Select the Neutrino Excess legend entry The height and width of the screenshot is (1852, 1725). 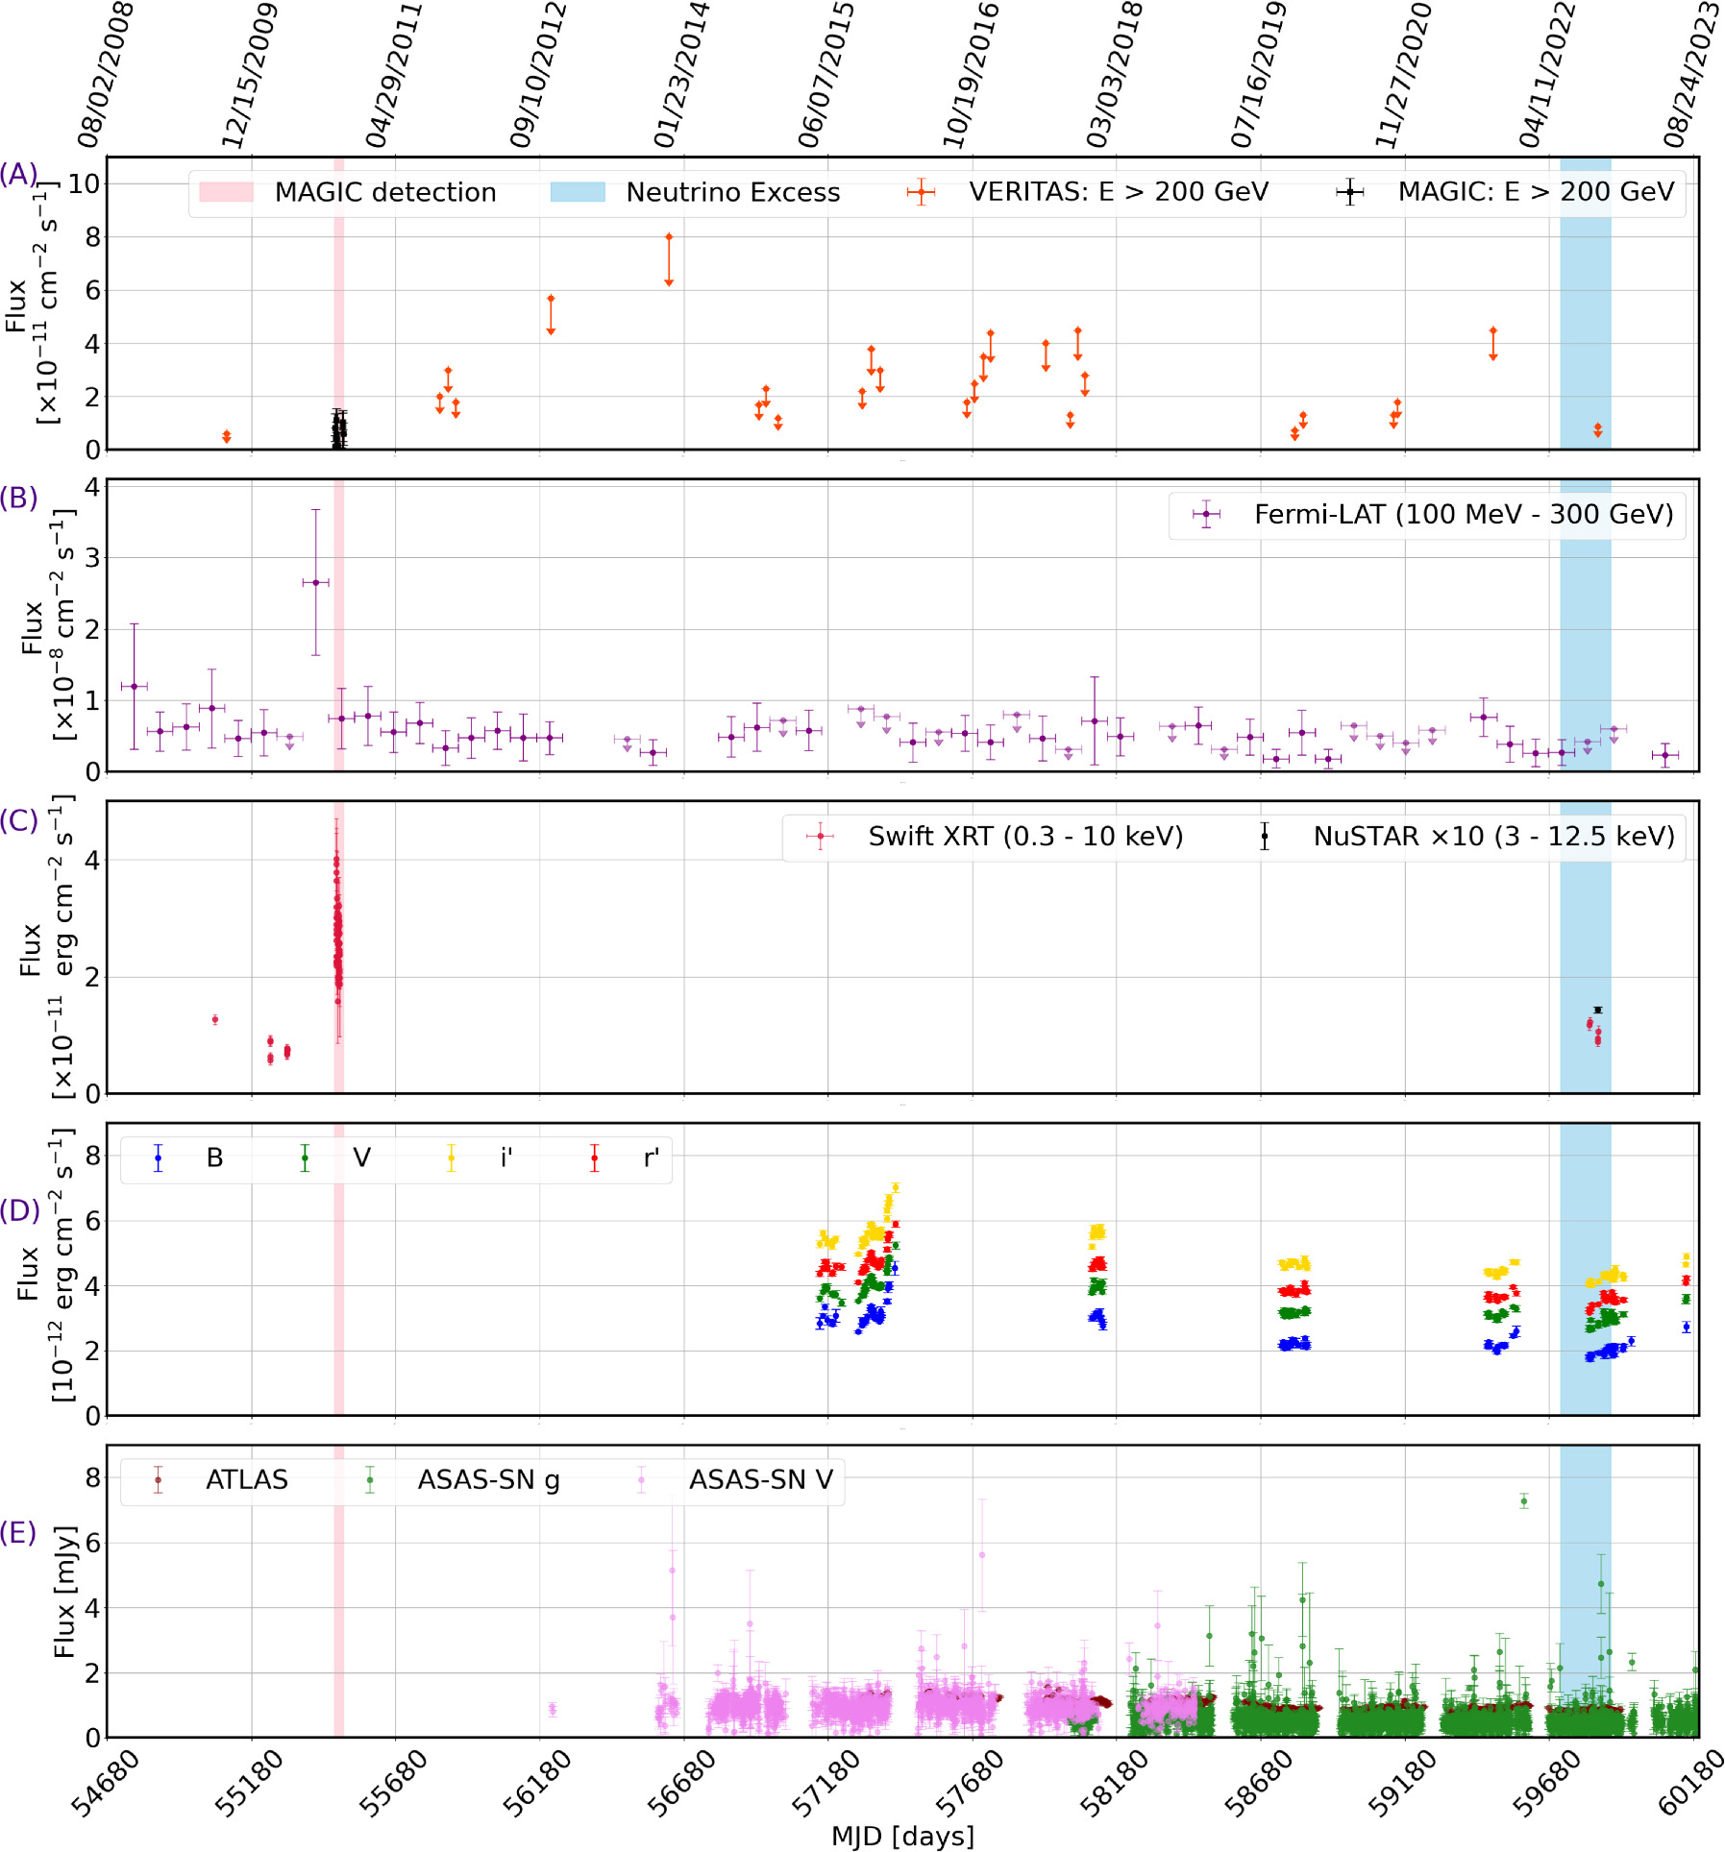(695, 192)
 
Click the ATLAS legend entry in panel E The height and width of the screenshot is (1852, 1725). (221, 1479)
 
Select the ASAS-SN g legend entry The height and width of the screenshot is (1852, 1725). (461, 1479)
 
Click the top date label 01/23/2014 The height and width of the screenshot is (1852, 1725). (681, 75)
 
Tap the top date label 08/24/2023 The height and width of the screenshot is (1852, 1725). (1691, 75)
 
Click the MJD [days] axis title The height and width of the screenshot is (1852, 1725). (902, 1836)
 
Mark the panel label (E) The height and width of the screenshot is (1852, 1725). (18, 1531)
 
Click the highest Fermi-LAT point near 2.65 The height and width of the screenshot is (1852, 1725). (315, 582)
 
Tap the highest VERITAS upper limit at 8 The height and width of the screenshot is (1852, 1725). (669, 236)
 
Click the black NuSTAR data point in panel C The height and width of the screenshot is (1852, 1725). (1597, 1010)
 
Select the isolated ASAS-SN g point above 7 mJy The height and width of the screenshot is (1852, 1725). (1523, 1501)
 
